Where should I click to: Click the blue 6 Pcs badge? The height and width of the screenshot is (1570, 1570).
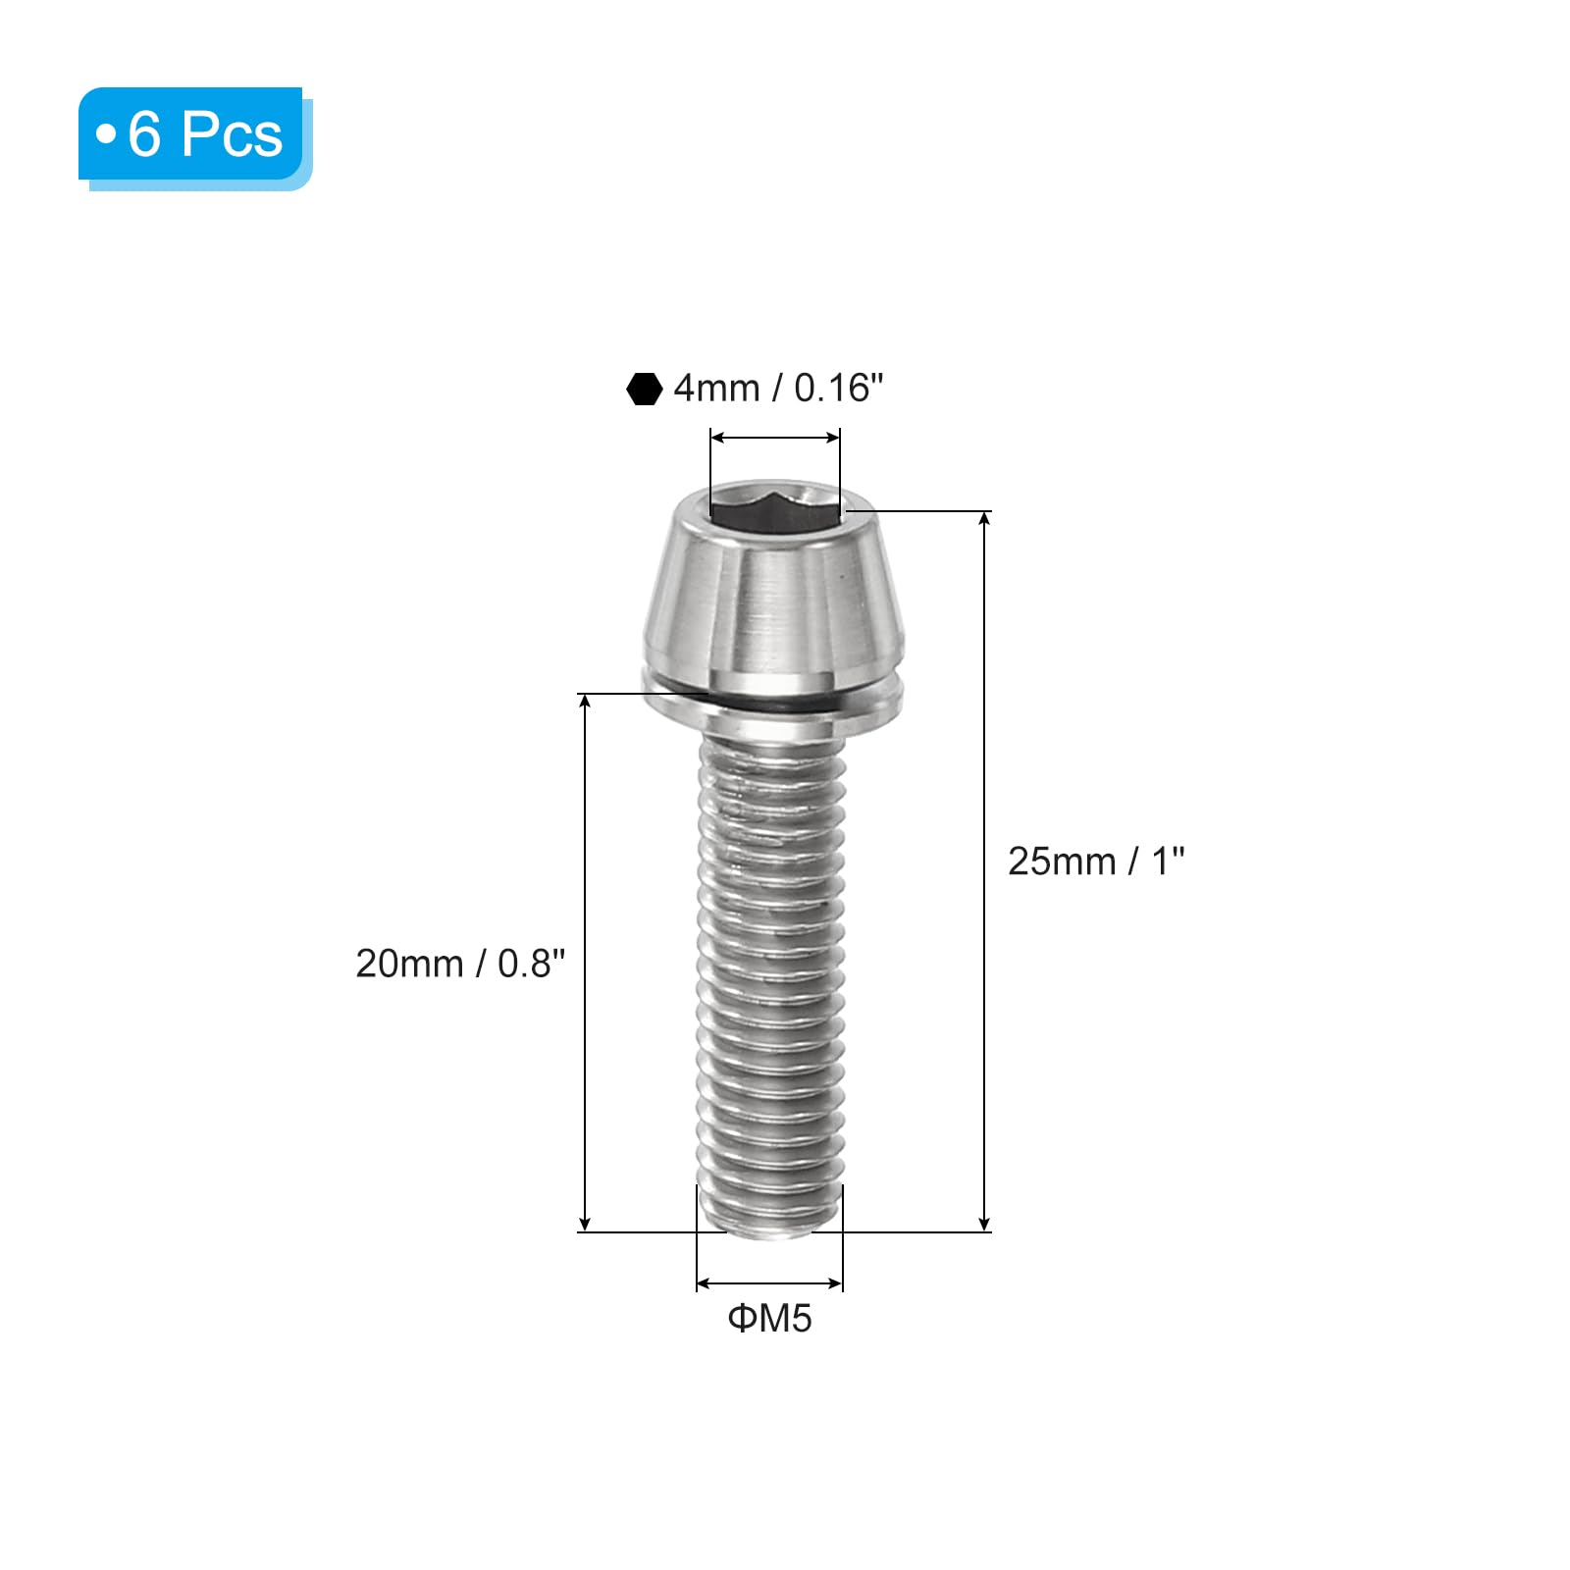[x=194, y=137]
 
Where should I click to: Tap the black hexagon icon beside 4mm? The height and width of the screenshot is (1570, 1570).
[x=644, y=389]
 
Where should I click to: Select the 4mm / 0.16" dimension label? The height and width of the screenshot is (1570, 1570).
[x=778, y=389]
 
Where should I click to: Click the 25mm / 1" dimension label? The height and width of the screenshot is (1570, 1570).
[x=1096, y=862]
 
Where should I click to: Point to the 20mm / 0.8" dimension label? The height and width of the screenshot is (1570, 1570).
[x=460, y=964]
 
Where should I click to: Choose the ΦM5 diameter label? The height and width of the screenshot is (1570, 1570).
[x=769, y=1318]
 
